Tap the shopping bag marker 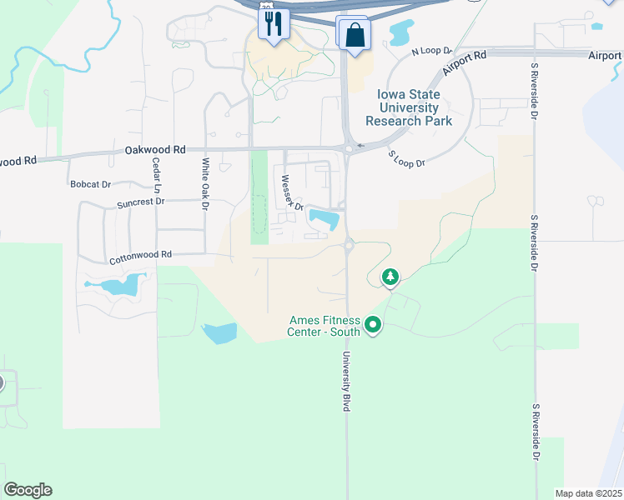click(355, 35)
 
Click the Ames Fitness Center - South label click(325, 325)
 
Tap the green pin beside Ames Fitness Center click(373, 325)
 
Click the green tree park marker click(390, 276)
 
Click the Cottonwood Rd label click(139, 257)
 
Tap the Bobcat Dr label click(91, 183)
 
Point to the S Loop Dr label click(406, 158)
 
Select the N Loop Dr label click(431, 52)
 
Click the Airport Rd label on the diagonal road click(465, 64)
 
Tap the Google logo click(28, 490)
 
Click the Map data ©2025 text click(588, 493)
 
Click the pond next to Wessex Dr click(325, 219)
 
